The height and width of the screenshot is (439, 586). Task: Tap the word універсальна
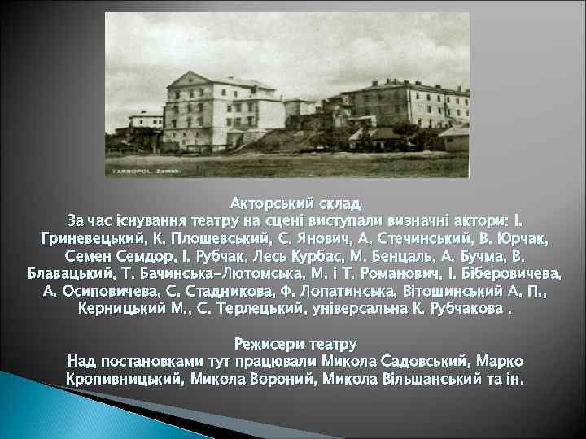pyautogui.click(x=370, y=309)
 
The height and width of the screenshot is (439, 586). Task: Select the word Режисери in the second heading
pyautogui.click(x=265, y=344)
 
